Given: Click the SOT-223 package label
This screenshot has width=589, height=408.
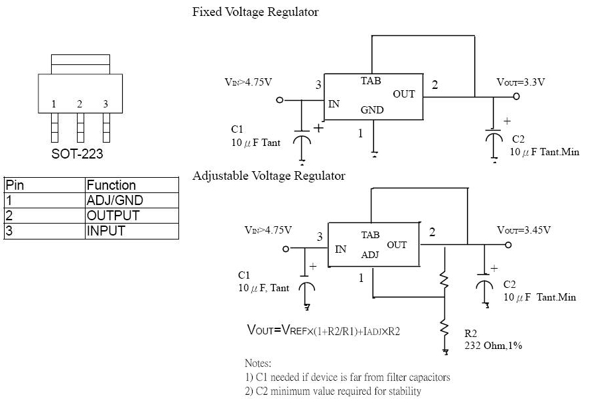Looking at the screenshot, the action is click(77, 154).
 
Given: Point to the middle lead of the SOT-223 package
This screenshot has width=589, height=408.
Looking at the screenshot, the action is click(80, 128).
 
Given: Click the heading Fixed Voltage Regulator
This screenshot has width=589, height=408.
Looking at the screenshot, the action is click(255, 12).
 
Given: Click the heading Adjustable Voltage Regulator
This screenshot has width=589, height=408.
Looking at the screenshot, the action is click(269, 176).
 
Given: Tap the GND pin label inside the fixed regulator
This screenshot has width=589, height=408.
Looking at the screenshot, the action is click(372, 110).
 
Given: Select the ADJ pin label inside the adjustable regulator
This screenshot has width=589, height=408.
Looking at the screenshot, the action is click(370, 255).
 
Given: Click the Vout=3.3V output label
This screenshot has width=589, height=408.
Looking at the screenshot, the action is click(521, 82).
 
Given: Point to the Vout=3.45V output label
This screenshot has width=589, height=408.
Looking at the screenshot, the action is click(523, 230).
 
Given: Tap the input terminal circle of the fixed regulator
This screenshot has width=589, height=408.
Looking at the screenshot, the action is click(279, 100).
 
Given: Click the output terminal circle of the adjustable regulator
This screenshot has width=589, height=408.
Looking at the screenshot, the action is click(508, 245).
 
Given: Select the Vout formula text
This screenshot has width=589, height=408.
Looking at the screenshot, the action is click(324, 330).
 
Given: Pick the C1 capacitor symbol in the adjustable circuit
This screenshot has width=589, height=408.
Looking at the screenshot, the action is click(306, 287).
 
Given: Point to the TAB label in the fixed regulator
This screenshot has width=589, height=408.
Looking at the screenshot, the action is click(371, 81).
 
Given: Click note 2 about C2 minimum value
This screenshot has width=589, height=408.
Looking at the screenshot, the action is click(333, 391).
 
